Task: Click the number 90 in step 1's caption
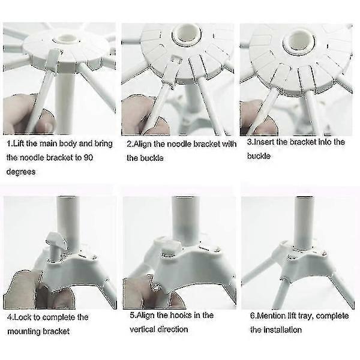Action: (88, 157)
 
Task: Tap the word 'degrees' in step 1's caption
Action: (21, 172)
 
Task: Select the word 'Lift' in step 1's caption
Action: (19, 143)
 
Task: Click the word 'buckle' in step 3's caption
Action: (259, 156)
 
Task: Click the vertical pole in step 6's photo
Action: (304, 223)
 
